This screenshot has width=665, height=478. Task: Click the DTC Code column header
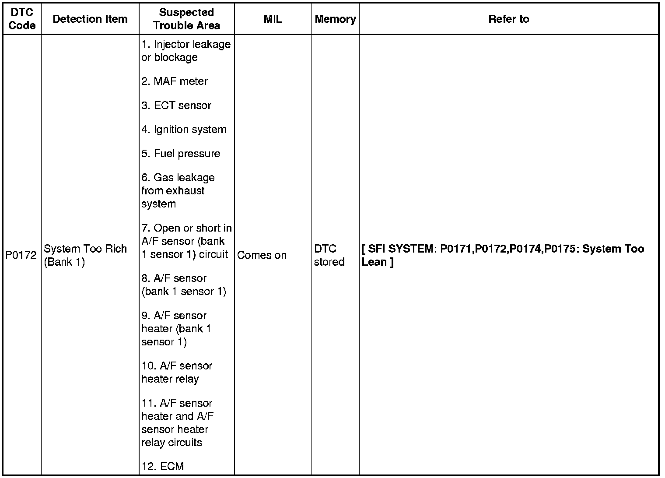tap(21, 19)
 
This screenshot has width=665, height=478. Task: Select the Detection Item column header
tap(90, 19)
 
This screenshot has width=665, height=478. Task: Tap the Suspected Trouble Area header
tap(186, 19)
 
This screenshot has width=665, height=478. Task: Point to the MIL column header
tap(273, 19)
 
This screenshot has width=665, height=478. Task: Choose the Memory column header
tap(335, 19)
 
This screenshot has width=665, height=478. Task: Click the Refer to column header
tap(508, 19)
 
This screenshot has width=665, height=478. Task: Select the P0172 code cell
tap(21, 255)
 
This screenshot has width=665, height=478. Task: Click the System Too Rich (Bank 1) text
tap(85, 255)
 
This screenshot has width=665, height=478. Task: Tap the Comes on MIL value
tap(262, 255)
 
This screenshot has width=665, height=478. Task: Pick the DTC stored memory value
tap(329, 255)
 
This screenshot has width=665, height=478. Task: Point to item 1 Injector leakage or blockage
tap(186, 51)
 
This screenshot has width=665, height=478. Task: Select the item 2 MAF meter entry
tap(175, 81)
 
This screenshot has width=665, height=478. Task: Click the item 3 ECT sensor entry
tap(176, 105)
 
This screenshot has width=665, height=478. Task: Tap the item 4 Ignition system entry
tap(184, 130)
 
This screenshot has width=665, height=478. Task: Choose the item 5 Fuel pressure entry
tap(181, 154)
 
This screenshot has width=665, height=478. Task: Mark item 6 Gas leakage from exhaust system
tap(178, 191)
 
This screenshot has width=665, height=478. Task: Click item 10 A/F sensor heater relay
tap(177, 373)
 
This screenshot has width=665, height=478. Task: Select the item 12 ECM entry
tap(163, 467)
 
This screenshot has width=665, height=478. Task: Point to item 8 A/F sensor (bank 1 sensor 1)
tap(184, 285)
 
